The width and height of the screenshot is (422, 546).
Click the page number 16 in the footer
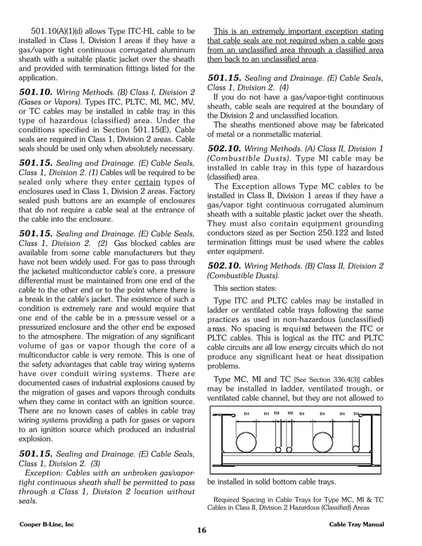[x=201, y=530]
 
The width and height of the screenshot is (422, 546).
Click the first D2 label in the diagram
[x=276, y=414]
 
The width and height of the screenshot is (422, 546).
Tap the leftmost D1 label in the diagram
[x=246, y=414]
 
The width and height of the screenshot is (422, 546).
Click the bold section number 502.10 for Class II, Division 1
[x=228, y=148]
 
